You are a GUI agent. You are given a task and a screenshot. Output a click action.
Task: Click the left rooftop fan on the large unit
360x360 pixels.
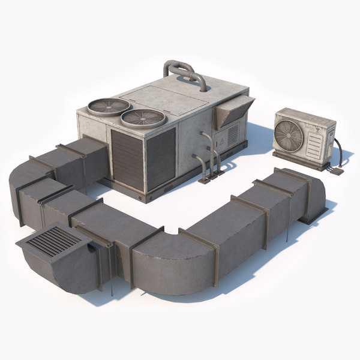point(109,106)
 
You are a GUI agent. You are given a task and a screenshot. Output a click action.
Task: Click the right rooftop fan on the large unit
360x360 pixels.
point(143,117)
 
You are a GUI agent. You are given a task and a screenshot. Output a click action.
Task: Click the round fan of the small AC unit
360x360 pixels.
point(288,134)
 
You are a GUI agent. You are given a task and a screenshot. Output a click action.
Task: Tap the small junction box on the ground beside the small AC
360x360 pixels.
point(336,171)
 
